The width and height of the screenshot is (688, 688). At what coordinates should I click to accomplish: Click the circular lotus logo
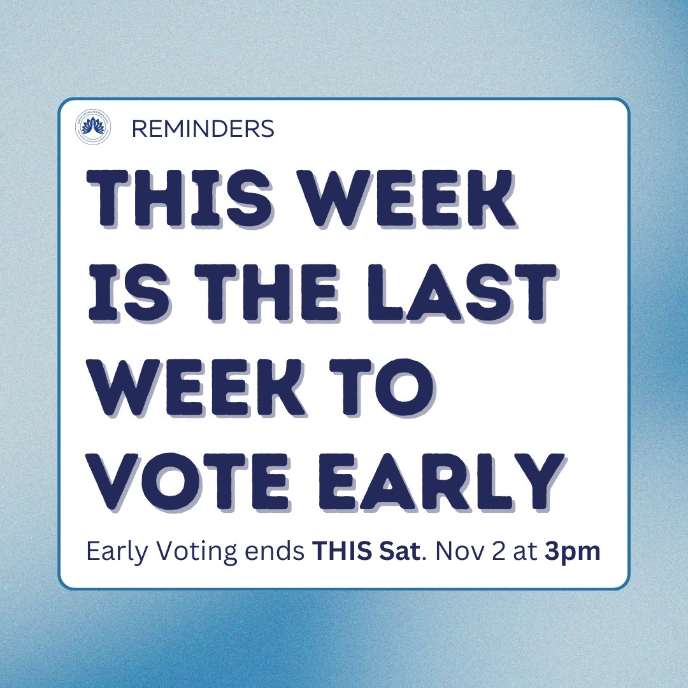(x=92, y=129)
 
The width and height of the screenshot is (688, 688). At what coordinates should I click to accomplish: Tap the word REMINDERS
(x=203, y=129)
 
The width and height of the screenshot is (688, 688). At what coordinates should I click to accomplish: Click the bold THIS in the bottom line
(x=337, y=552)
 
